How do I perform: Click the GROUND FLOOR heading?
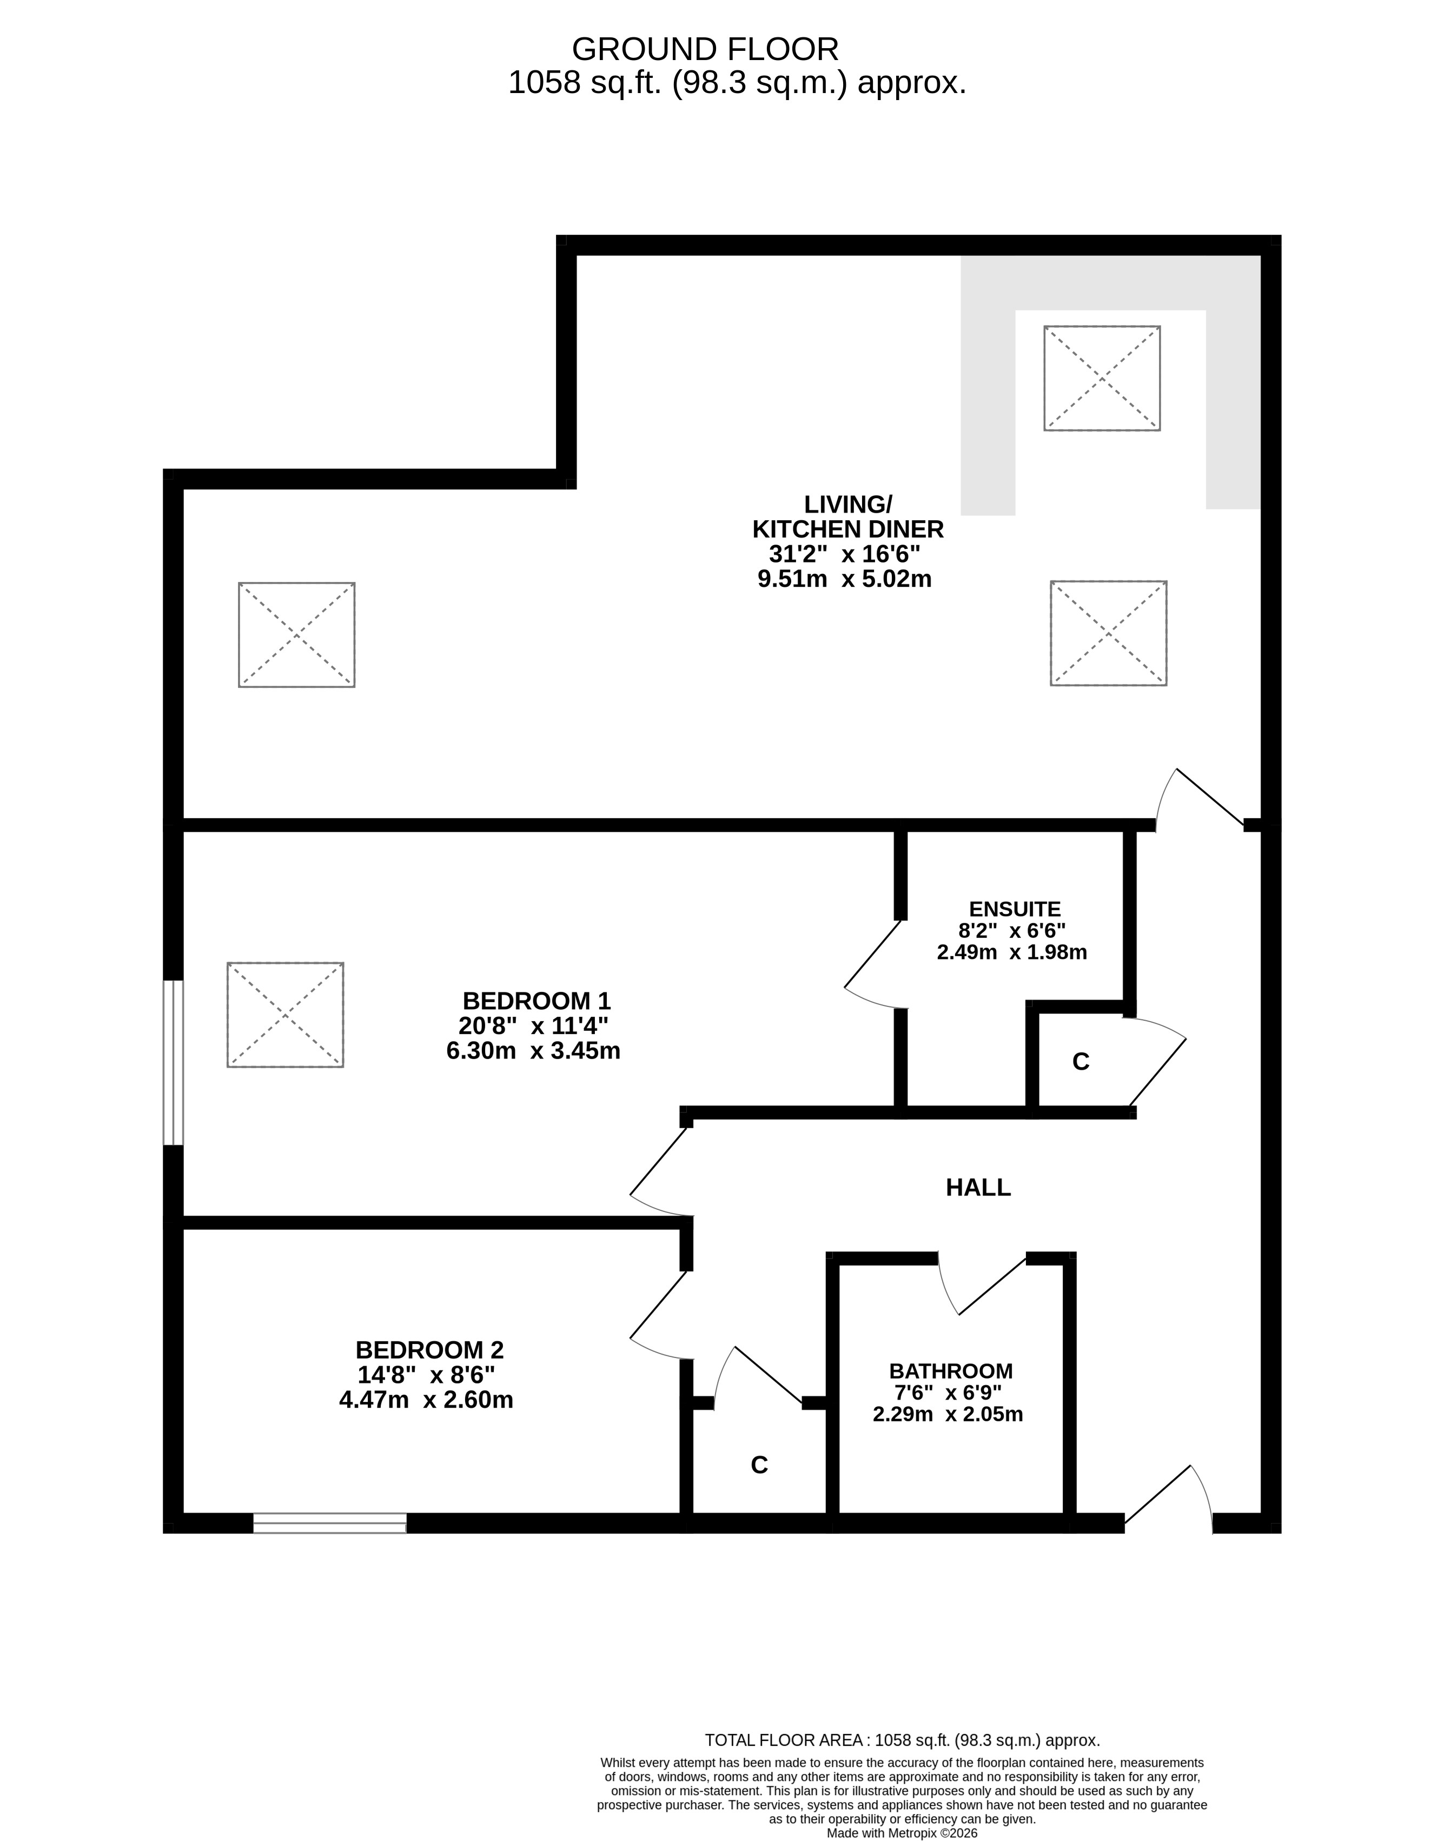(705, 49)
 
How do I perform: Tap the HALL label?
(978, 1188)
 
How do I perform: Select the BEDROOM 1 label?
(536, 1001)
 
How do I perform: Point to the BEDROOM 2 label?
(429, 1350)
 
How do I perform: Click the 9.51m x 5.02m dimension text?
(845, 579)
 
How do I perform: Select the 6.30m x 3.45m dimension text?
(533, 1051)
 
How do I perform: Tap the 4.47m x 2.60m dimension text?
(426, 1400)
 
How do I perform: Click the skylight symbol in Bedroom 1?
(286, 1014)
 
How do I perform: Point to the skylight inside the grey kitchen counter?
(1102, 378)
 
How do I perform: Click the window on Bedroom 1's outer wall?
(173, 1063)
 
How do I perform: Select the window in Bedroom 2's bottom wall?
(330, 1523)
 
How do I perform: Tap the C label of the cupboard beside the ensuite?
(1081, 1062)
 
